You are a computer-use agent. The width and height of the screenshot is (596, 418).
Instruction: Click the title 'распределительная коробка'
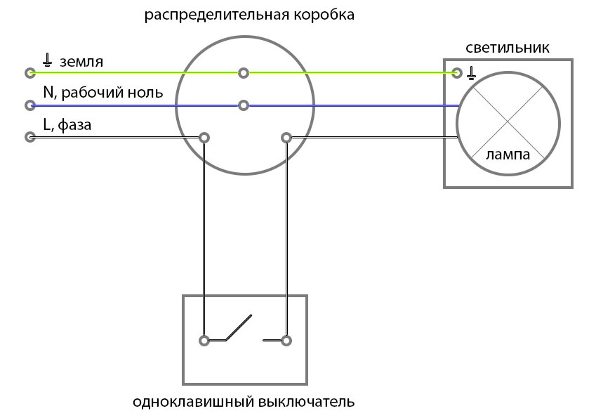[x=249, y=15]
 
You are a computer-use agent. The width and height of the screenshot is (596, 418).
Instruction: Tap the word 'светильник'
[x=508, y=48]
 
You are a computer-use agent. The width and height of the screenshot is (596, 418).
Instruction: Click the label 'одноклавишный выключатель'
[x=244, y=403]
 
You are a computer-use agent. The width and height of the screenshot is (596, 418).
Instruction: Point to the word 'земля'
[x=81, y=62]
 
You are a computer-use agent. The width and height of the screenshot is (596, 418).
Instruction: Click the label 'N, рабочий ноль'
[x=102, y=92]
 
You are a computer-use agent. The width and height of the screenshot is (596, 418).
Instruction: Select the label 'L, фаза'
[x=67, y=125]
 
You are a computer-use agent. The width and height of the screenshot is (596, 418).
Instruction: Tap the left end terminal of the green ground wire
[x=29, y=72]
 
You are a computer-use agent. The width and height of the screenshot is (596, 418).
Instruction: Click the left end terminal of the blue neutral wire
[x=29, y=105]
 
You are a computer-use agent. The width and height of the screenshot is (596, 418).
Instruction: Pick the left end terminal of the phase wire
[x=29, y=137]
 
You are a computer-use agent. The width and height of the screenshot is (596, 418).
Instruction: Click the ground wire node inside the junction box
[x=244, y=72]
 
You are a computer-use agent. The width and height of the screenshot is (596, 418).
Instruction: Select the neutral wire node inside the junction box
[x=244, y=105]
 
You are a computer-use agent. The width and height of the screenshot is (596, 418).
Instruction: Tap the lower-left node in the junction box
[x=204, y=137]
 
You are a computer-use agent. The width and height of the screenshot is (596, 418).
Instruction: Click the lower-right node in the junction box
[x=286, y=137]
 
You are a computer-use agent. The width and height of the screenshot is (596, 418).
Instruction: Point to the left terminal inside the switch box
[x=204, y=341]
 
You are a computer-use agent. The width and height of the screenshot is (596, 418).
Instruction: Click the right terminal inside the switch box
[x=286, y=341]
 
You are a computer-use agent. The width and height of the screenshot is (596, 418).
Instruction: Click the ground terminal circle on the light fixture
[x=458, y=72]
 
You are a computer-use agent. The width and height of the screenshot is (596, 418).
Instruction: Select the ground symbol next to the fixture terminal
[x=471, y=71]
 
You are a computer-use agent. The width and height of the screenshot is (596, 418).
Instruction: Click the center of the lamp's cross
[x=508, y=124]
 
